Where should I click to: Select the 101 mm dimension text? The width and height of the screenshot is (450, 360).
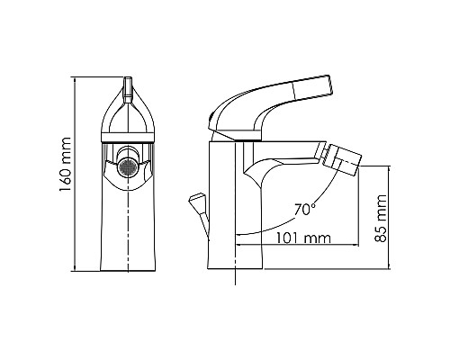tap(301, 238)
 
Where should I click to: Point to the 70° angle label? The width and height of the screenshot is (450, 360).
tap(305, 210)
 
